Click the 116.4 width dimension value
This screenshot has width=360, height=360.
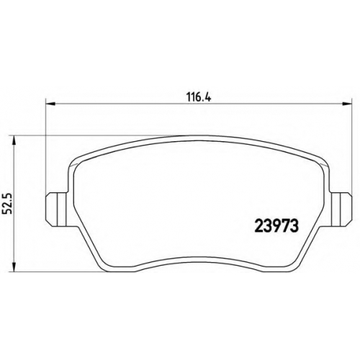pyautogui.click(x=199, y=98)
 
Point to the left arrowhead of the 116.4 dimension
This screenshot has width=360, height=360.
pyautogui.click(x=50, y=104)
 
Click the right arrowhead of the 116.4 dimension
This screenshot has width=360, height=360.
pyautogui.click(x=347, y=104)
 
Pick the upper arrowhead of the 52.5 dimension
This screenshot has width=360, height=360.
pyautogui.click(x=14, y=140)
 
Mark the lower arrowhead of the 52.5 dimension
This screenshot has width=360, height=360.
pyautogui.click(x=14, y=267)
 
